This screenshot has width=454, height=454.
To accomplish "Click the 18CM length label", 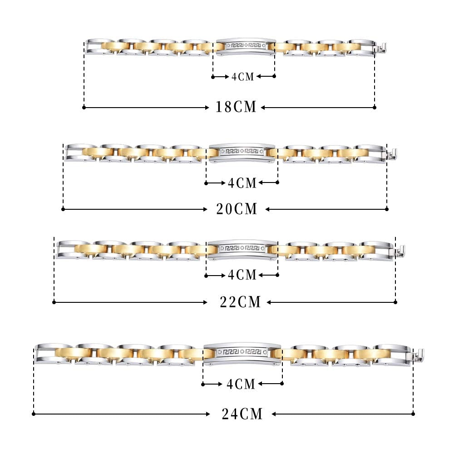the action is tap(236, 107).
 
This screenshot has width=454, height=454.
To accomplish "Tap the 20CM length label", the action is tap(237, 209).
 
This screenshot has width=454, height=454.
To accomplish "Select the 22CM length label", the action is tap(240, 302).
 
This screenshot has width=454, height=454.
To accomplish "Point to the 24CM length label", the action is tap(242, 414).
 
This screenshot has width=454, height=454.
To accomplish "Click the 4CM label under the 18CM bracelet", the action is tap(242, 77).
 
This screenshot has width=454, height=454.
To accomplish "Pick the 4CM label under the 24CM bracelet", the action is tap(241, 384).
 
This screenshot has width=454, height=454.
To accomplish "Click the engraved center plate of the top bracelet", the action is tap(246, 46).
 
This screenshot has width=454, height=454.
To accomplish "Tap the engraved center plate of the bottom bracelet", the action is tap(242, 353).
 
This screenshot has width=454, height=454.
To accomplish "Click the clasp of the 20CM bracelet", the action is tap(391, 154).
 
